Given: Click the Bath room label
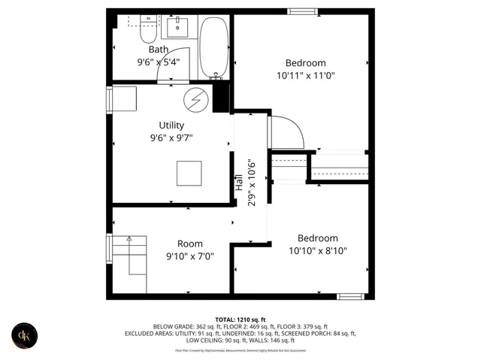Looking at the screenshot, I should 158,50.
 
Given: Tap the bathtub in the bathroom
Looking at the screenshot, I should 216,49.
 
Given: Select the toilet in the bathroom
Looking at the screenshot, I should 147,31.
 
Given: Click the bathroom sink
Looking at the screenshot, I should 177,28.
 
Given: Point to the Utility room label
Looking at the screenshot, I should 171,125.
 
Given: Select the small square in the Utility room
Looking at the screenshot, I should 189,174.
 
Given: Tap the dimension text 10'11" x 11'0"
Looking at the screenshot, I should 305,76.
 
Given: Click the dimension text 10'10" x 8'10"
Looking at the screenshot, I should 317,251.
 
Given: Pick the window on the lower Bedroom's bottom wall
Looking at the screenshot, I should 350,296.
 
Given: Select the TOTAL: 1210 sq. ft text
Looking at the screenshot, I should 240,319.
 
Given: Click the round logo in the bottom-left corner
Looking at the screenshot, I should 26,335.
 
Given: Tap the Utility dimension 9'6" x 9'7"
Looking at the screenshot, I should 171,138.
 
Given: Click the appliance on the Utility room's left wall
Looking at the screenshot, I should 123,99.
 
